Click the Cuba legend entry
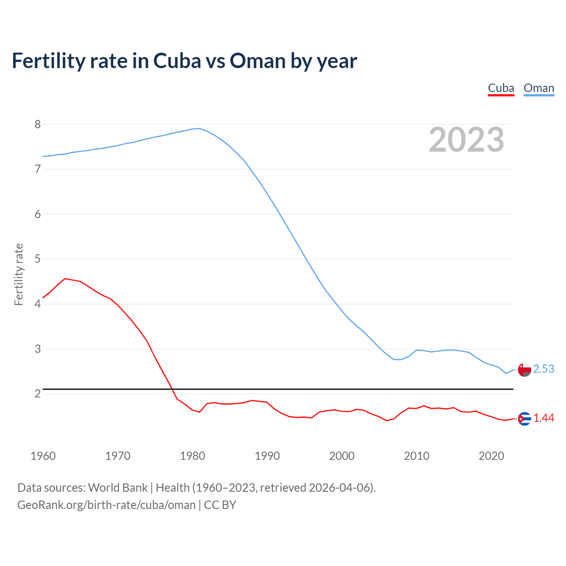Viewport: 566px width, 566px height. point(501,88)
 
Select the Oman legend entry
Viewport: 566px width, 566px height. point(539,88)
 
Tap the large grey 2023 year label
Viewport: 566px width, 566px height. point(467,140)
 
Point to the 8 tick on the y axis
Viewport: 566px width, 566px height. point(38,124)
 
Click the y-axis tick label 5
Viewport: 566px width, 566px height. point(38,259)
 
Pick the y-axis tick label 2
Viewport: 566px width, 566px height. point(38,394)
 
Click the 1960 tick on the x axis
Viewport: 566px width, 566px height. point(43,456)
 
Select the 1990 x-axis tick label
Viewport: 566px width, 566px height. point(267,456)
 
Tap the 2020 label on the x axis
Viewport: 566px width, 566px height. point(491,456)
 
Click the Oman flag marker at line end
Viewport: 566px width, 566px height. point(524,370)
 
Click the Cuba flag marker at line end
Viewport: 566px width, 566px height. point(524,418)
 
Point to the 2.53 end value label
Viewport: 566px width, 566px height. point(543,369)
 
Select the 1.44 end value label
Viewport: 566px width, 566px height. point(543,418)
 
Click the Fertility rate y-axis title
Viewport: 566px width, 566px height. point(19,274)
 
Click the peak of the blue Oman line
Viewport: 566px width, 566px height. point(199,128)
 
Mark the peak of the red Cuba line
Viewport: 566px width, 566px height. point(65,279)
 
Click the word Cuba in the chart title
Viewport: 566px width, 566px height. point(176,61)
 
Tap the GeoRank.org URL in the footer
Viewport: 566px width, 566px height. point(106,505)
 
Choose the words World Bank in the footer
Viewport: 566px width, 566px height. point(118,487)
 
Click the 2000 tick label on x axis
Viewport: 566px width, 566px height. point(342,456)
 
